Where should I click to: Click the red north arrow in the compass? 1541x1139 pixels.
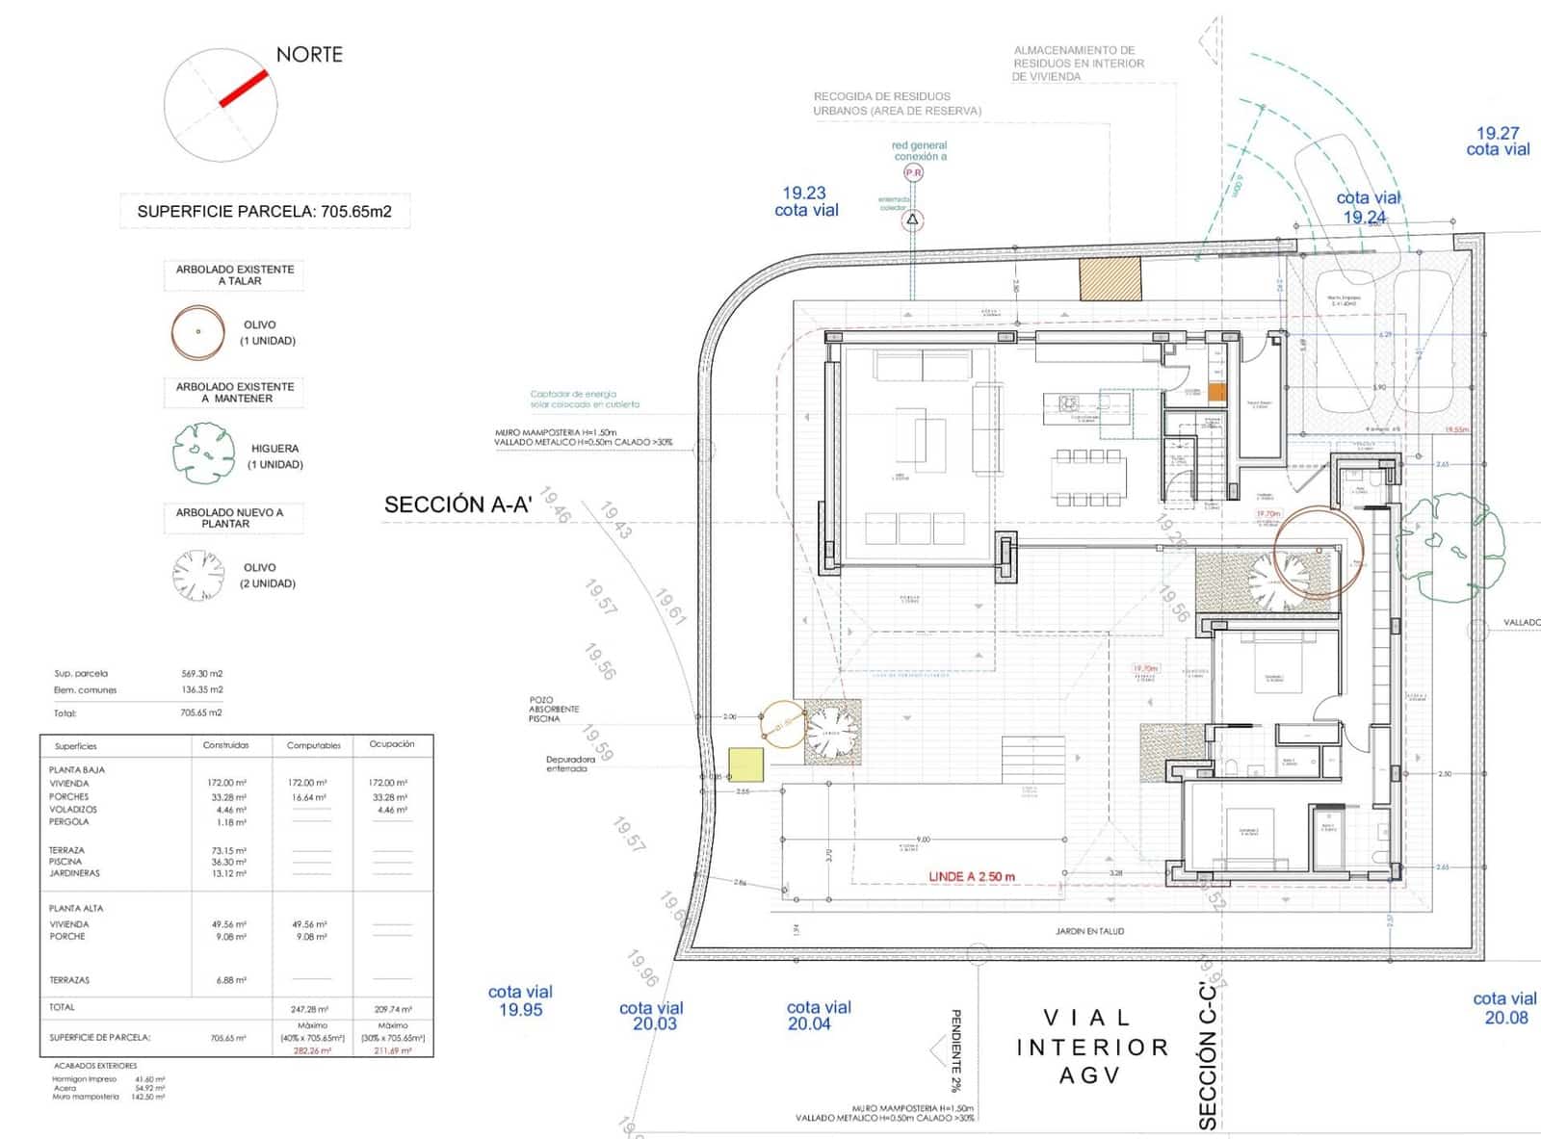(243, 88)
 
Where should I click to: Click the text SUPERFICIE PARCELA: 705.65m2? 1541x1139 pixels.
(264, 211)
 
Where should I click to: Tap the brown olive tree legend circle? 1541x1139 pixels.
(197, 332)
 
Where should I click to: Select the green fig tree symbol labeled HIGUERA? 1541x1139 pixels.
(203, 453)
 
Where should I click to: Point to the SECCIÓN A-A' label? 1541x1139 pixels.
(457, 505)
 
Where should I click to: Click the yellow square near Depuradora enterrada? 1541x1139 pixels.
(745, 764)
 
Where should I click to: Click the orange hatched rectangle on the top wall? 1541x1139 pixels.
(1110, 279)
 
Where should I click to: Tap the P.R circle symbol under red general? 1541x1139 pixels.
(913, 173)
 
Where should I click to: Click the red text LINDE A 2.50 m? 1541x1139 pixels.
(971, 877)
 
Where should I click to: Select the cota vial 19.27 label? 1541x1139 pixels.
(1498, 142)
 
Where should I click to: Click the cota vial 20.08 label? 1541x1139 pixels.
(1505, 1008)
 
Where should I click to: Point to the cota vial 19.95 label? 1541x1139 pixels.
(520, 1000)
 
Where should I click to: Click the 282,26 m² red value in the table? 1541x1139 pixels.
(312, 1051)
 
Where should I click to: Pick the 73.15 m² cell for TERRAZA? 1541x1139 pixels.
(228, 850)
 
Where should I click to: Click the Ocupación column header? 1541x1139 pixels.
(392, 744)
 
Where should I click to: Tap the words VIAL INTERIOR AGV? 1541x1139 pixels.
(1091, 1047)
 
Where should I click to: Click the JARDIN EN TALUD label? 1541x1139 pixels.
(1089, 931)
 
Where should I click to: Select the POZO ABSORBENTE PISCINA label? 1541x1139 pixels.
(554, 710)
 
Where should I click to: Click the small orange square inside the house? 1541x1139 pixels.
(1216, 392)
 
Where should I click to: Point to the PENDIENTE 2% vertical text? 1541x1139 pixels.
(956, 1050)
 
